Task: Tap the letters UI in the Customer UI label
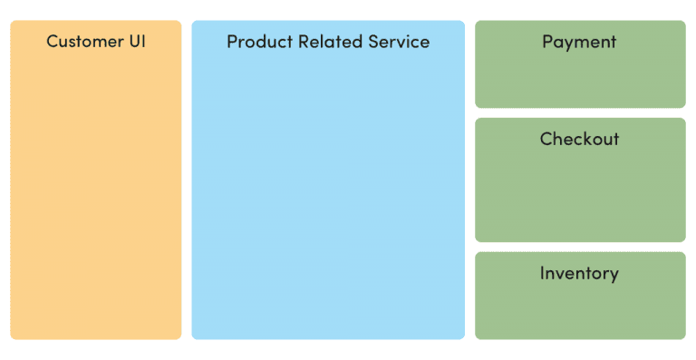(137, 42)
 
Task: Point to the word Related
(327, 42)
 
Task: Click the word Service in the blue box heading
(399, 42)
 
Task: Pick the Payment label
(579, 42)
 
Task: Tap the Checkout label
(579, 139)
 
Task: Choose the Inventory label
(579, 273)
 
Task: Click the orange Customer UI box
(95, 199)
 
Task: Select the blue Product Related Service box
(327, 199)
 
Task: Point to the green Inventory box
(580, 308)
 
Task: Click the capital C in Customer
(53, 42)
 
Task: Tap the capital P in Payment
(548, 42)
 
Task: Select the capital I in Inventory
(542, 273)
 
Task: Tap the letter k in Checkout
(588, 139)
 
